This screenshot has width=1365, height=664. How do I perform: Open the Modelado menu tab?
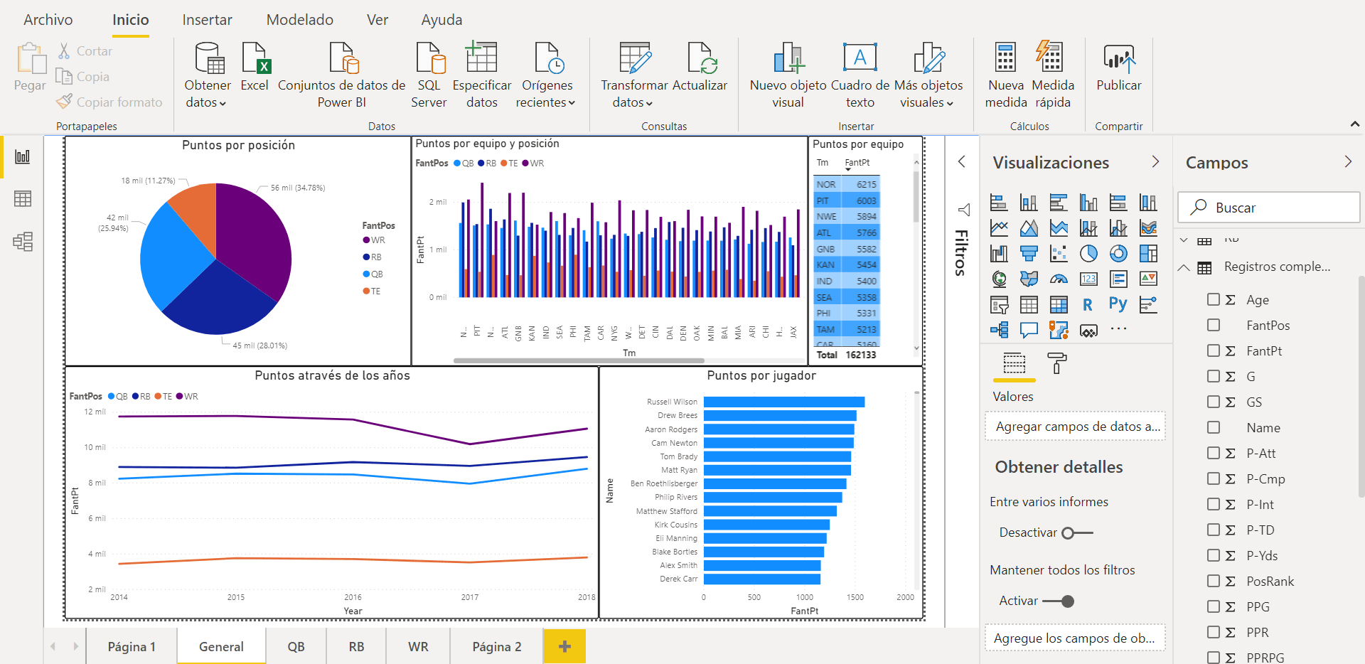[x=299, y=20]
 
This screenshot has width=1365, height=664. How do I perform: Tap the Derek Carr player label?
[x=678, y=579]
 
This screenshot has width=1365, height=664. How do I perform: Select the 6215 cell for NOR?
[x=865, y=184]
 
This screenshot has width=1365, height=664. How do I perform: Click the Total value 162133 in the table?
[x=860, y=355]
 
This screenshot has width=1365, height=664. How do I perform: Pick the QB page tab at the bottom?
[x=296, y=646]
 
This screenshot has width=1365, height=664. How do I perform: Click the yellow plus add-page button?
[x=564, y=646]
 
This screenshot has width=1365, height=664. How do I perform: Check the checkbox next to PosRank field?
[x=1214, y=581]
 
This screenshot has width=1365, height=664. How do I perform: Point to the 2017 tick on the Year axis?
[x=469, y=597]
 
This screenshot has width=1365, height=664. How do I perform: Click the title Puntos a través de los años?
[x=332, y=375]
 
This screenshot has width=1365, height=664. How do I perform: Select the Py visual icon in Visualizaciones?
[x=1118, y=304]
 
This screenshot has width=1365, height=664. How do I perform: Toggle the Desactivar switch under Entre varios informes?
[x=1076, y=532]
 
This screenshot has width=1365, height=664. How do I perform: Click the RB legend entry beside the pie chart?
[x=375, y=257]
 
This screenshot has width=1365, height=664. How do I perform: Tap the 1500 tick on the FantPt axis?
[x=855, y=597]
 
